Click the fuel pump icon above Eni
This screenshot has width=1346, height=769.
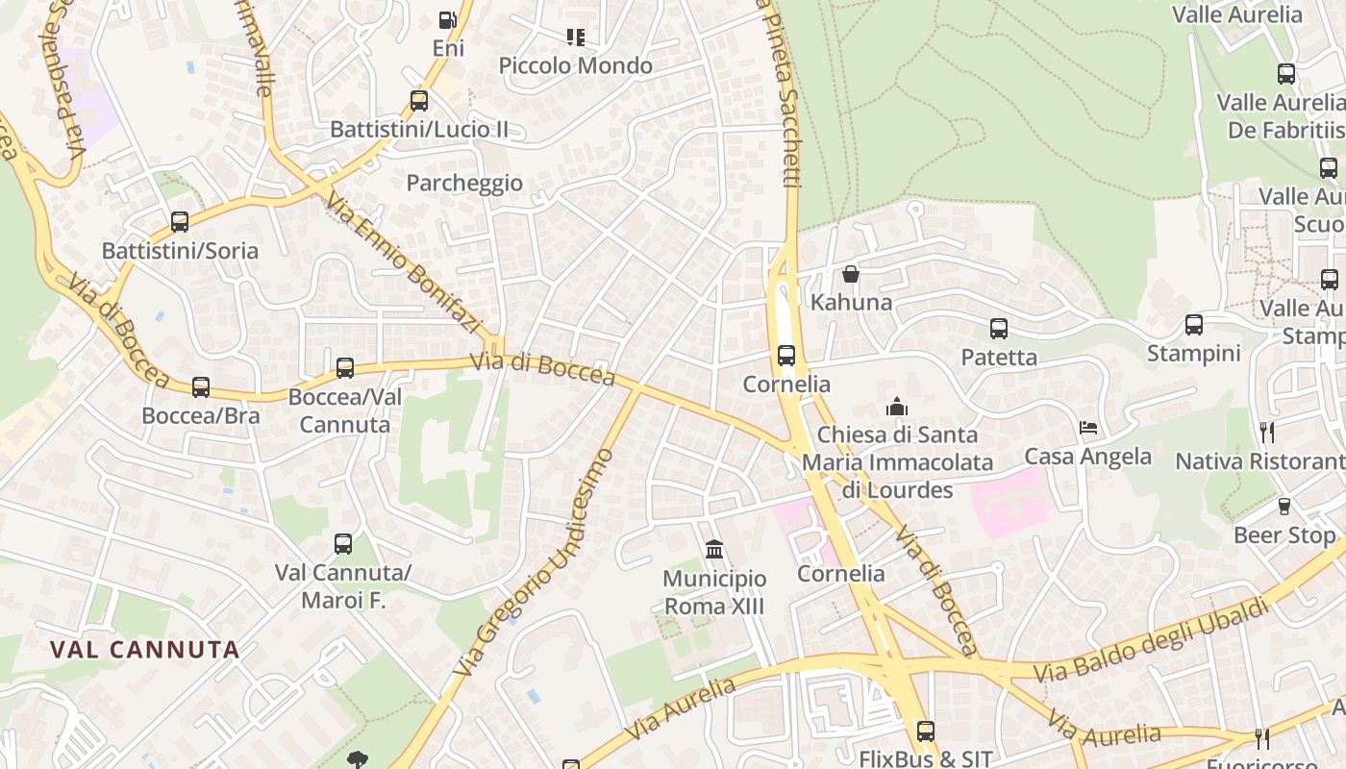pos(447,20)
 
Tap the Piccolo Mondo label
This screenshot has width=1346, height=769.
pos(575,65)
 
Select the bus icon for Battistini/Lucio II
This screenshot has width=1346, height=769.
pos(419,100)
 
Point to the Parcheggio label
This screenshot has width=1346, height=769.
pos(464,183)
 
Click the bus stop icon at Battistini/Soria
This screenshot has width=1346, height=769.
pos(180,222)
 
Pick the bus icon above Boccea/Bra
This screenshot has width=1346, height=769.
pos(201,386)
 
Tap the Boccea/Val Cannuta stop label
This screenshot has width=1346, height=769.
pos(345,410)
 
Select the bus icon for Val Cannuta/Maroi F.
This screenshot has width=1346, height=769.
pos(343,543)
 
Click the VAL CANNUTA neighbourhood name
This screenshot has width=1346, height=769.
pos(144,650)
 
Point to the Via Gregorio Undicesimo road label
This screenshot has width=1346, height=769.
pos(536,562)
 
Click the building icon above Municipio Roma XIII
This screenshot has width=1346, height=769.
pos(714,549)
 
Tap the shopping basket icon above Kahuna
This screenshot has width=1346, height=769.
pos(851,274)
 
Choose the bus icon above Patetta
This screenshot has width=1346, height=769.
pos(999,329)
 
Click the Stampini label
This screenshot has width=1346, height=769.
pos(1193,353)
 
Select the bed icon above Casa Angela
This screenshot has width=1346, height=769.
pos(1088,427)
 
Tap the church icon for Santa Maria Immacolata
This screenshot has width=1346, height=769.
pos(897,407)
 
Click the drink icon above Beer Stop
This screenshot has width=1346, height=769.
pos(1284,506)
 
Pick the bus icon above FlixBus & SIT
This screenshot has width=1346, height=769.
pos(925,731)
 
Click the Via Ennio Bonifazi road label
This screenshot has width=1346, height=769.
pos(402,263)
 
